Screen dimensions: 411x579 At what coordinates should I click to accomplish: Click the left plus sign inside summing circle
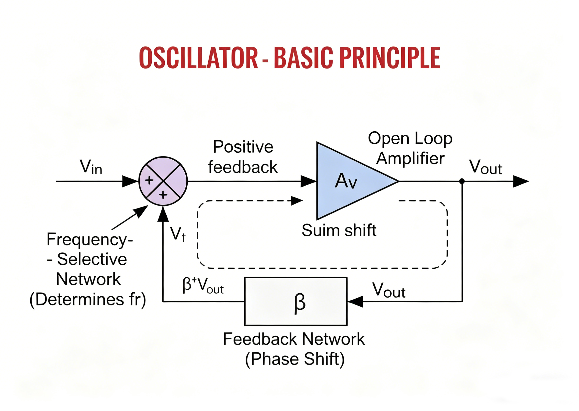[149, 180]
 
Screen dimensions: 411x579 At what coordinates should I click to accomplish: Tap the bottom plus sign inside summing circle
[163, 195]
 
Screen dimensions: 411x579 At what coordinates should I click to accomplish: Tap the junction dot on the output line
[462, 181]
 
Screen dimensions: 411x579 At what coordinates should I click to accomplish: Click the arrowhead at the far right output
[521, 182]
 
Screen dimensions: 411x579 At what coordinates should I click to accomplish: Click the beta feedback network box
[296, 301]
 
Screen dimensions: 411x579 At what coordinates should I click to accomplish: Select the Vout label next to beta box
[389, 290]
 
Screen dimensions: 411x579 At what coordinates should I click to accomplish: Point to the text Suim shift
[339, 230]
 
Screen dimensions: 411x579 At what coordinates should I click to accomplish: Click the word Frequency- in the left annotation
[90, 239]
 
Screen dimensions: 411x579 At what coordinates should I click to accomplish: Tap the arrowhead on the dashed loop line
[297, 201]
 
